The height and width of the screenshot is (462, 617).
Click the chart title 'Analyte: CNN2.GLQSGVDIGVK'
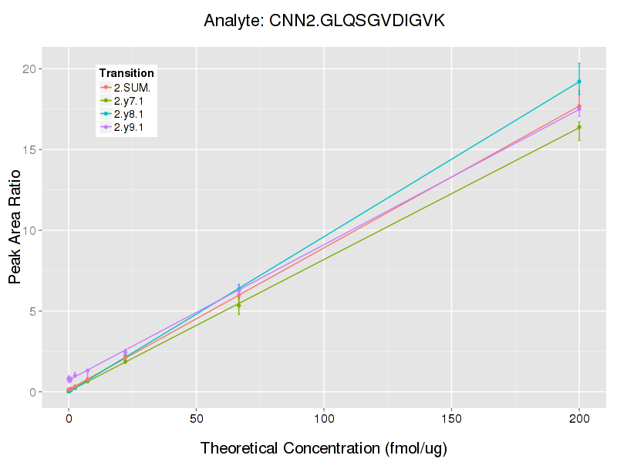(324, 21)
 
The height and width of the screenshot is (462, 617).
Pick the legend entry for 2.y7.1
(130, 101)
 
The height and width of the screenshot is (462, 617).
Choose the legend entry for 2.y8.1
(130, 114)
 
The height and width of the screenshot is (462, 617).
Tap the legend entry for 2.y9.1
(130, 127)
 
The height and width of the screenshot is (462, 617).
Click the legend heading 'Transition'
(126, 73)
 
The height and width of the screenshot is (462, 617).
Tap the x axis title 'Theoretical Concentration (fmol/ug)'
(324, 448)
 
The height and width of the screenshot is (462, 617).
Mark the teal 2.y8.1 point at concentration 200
(579, 82)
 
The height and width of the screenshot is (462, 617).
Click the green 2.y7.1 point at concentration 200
(579, 127)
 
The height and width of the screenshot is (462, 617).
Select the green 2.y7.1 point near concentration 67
(239, 305)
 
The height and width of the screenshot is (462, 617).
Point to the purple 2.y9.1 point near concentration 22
(125, 352)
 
